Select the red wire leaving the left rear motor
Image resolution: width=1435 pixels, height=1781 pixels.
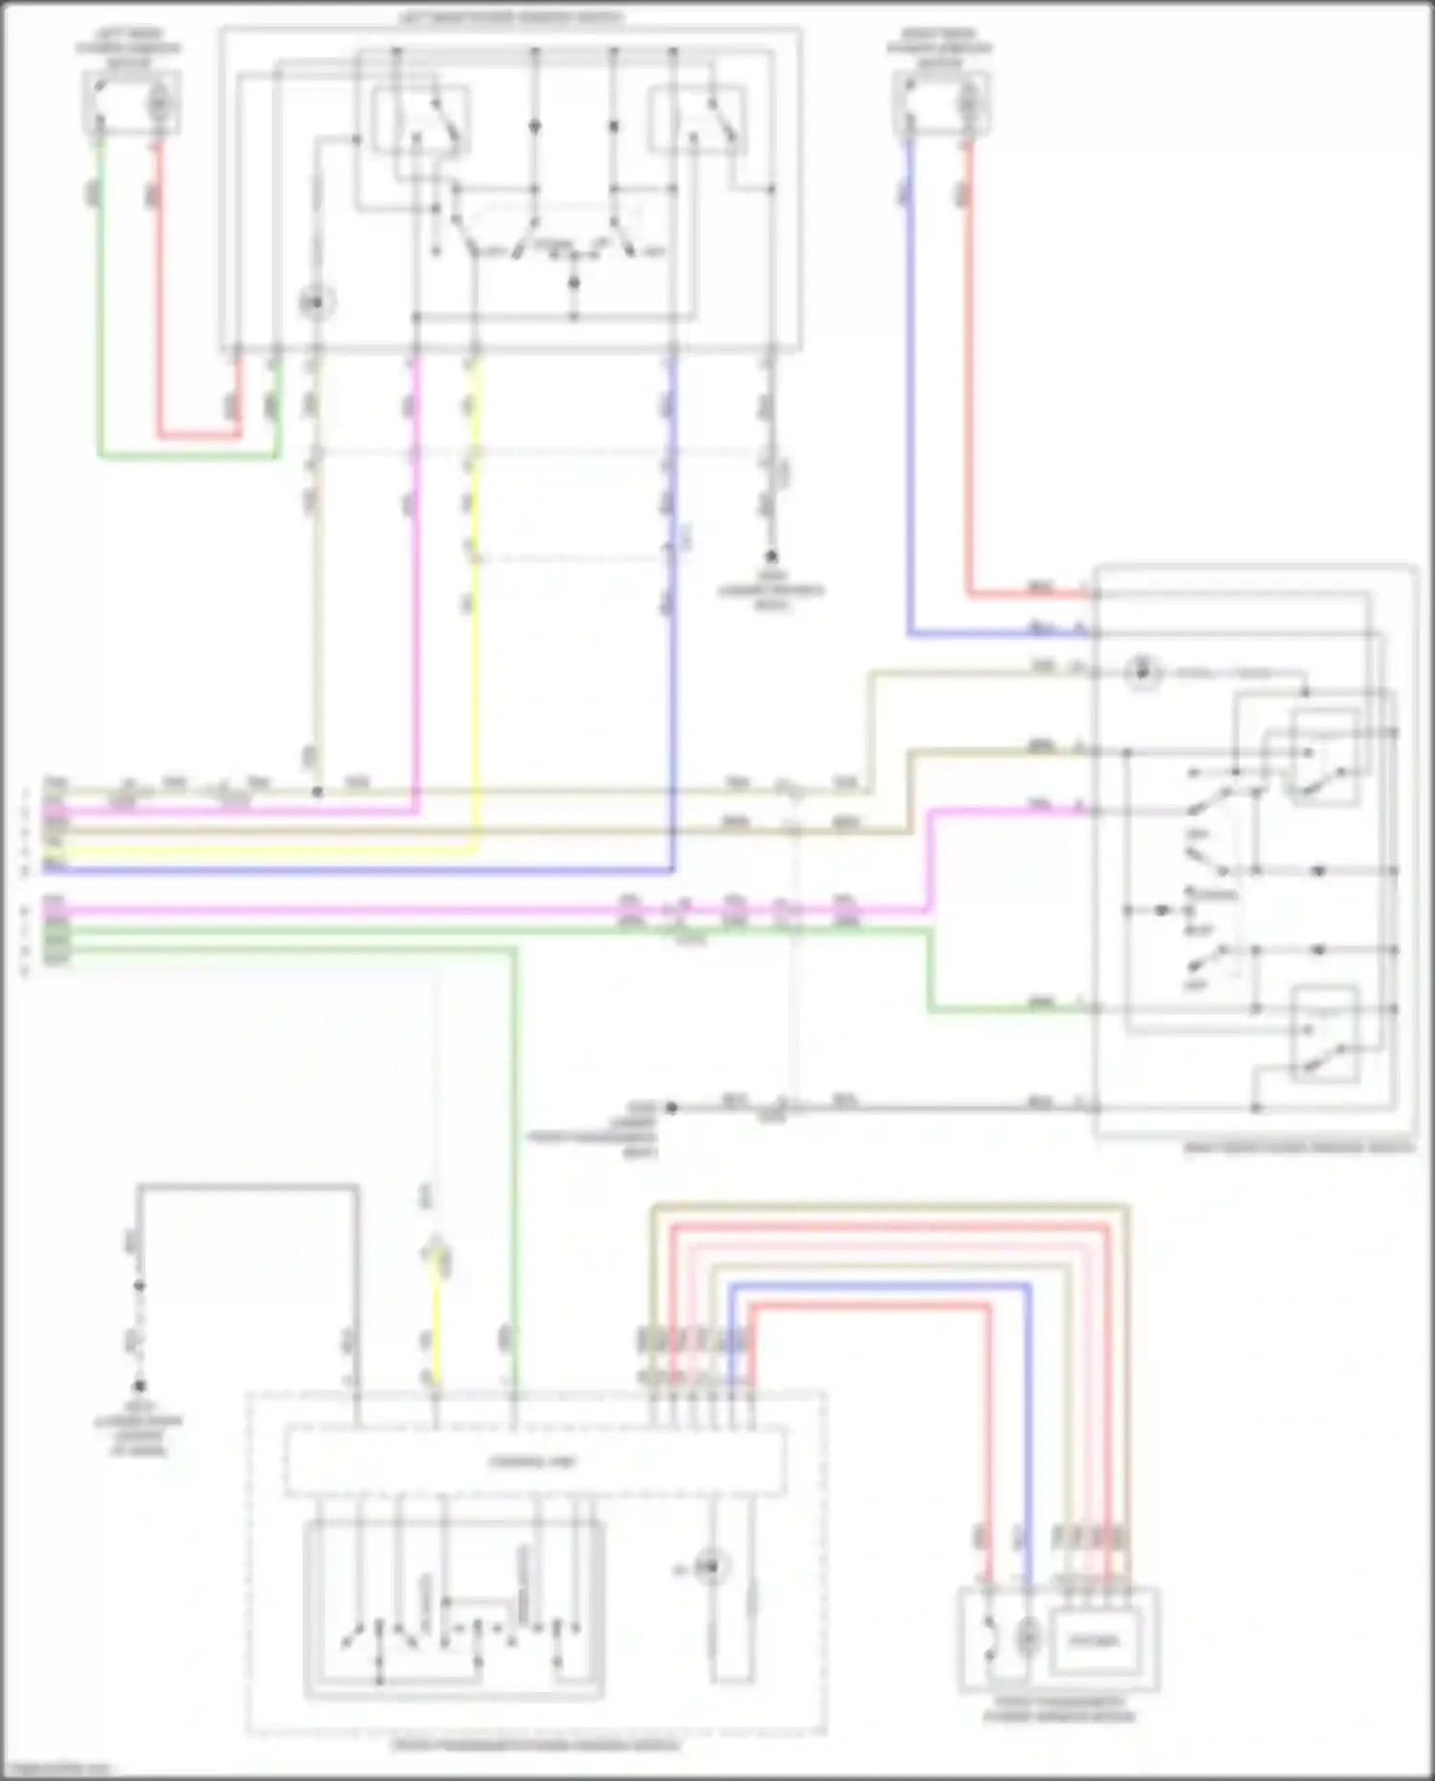click(x=160, y=287)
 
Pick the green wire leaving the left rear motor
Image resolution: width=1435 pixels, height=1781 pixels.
click(x=99, y=287)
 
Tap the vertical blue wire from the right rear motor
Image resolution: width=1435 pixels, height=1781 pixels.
click(x=909, y=383)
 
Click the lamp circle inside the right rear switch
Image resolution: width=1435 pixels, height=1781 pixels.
click(x=1140, y=672)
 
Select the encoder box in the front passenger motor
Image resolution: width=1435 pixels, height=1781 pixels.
click(x=1093, y=1640)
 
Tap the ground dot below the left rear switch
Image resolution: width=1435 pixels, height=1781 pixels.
click(x=770, y=556)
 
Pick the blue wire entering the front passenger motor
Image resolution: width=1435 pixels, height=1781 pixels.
click(x=1028, y=1436)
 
